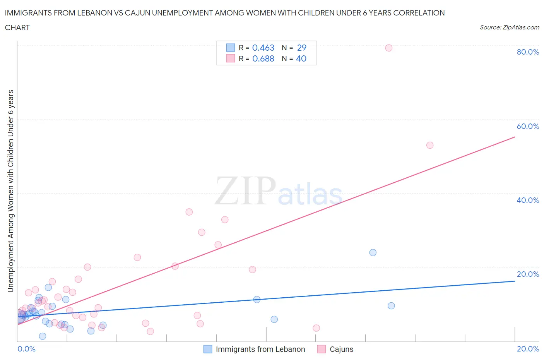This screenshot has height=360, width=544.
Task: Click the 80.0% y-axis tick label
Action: click(x=528, y=52)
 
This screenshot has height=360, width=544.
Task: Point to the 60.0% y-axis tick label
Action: click(x=528, y=126)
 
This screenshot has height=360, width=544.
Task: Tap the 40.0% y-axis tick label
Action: click(x=528, y=200)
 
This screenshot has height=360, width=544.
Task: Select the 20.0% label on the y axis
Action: click(x=528, y=274)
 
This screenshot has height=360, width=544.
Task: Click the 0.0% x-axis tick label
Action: click(x=26, y=349)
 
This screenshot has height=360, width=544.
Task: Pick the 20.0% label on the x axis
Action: click(x=528, y=349)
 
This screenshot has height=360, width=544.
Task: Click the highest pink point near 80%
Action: click(x=389, y=48)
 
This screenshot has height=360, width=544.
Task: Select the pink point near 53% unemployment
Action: click(x=430, y=145)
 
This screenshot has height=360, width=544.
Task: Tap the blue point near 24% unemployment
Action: click(x=373, y=252)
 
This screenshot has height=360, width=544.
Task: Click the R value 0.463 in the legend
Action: click(x=263, y=48)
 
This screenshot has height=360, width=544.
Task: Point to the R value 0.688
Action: click(x=263, y=58)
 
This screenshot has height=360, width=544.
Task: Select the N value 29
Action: click(x=301, y=48)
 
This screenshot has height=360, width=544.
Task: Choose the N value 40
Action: click(x=301, y=58)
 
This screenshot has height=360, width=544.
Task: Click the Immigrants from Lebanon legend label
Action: click(x=260, y=349)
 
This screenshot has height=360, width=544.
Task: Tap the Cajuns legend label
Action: click(x=341, y=349)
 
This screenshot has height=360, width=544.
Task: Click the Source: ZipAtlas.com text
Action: click(x=509, y=27)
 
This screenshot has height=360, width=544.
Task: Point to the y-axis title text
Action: click(x=10, y=191)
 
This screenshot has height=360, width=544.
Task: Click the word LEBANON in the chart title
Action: click(x=82, y=13)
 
